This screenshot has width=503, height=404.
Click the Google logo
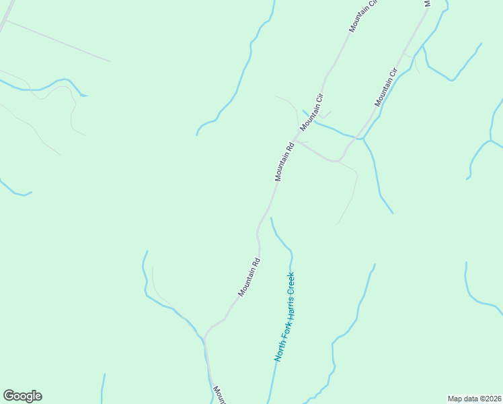click(22, 396)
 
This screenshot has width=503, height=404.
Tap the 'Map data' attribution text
click(463, 398)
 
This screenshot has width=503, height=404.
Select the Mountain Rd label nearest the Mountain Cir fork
click(284, 162)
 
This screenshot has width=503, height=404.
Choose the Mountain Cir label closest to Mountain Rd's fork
click(313, 112)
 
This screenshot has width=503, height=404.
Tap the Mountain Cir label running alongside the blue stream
click(386, 87)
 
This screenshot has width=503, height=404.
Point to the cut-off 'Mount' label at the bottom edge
click(219, 394)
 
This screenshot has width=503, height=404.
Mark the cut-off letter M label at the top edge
click(426, 3)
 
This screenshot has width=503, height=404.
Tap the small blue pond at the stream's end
click(83, 95)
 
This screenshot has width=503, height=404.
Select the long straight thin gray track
click(61, 41)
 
